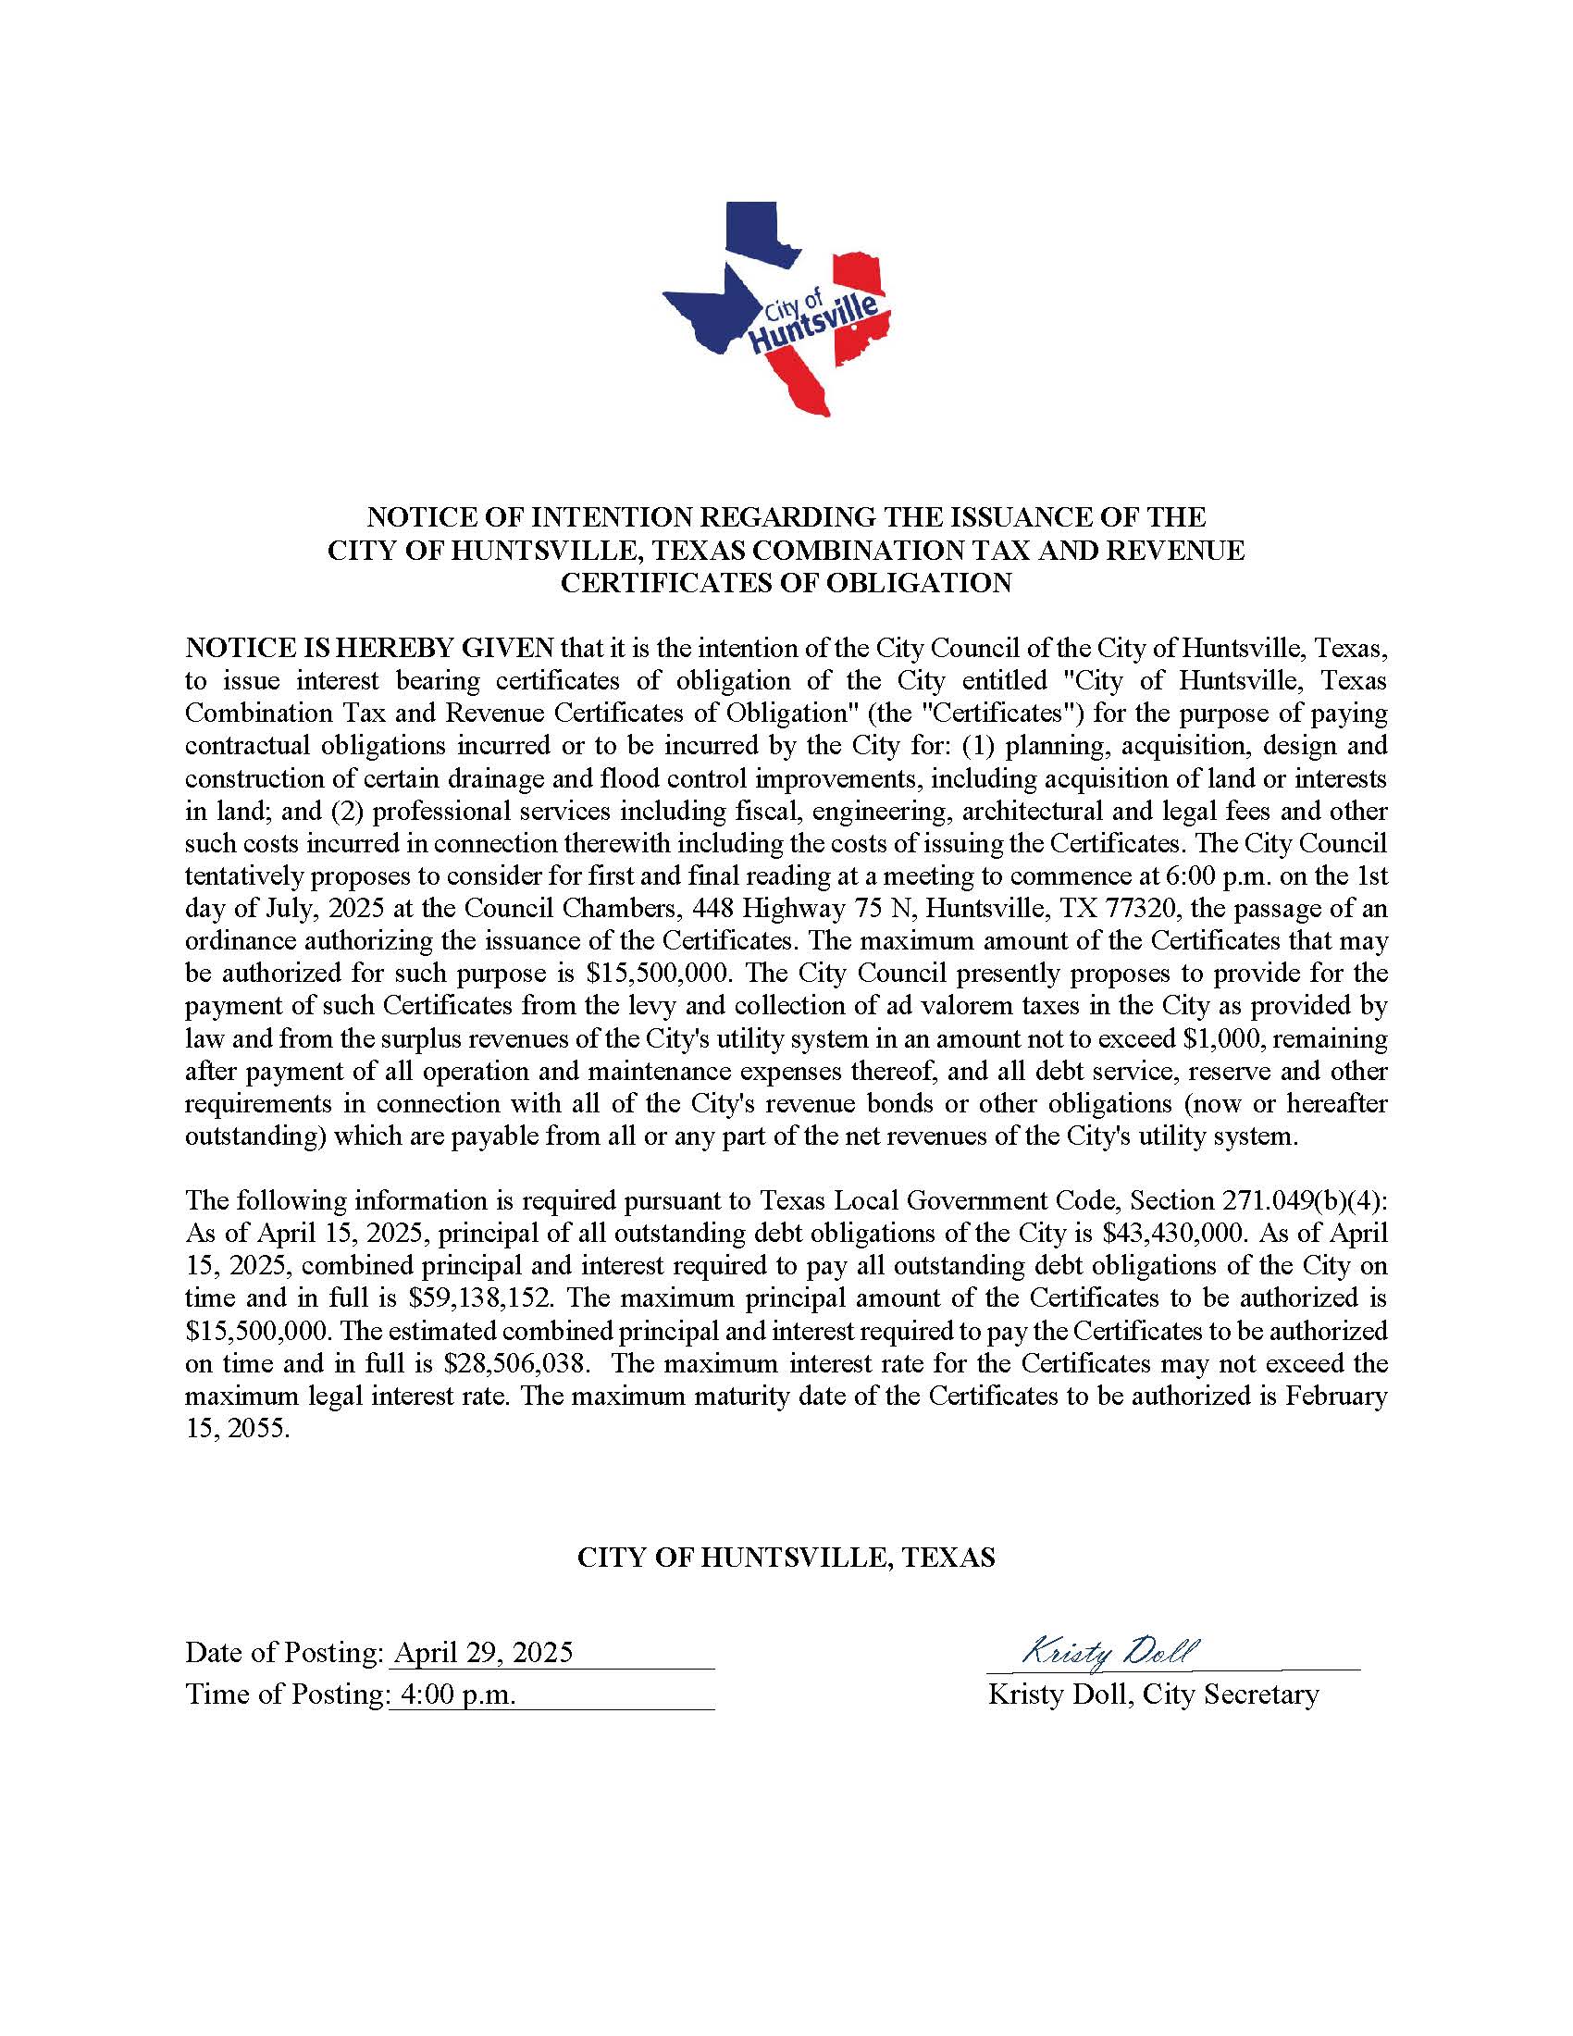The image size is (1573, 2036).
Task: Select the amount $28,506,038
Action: pyautogui.click(x=516, y=1364)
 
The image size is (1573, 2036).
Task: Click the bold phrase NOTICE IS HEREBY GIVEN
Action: pyautogui.click(x=370, y=648)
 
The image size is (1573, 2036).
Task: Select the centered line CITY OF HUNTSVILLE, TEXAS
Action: pyautogui.click(x=786, y=1557)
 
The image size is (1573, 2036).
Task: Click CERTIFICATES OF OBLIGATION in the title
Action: pyautogui.click(x=786, y=584)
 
